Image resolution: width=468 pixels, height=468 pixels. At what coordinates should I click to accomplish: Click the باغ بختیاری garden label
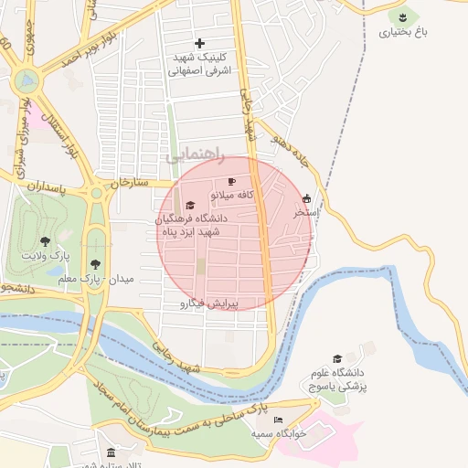pyautogui.click(x=402, y=32)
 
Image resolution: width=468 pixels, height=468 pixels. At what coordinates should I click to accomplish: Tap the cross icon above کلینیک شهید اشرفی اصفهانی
pyautogui.click(x=200, y=43)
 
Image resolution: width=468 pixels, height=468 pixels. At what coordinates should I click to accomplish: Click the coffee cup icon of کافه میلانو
pyautogui.click(x=231, y=182)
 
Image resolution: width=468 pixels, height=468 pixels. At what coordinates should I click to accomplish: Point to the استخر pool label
pyautogui.click(x=305, y=211)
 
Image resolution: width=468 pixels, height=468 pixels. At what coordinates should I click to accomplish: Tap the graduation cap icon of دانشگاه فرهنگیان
pyautogui.click(x=190, y=205)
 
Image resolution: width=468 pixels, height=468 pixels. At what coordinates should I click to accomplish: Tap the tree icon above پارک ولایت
pyautogui.click(x=46, y=242)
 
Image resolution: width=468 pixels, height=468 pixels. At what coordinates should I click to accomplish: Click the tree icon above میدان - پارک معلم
pyautogui.click(x=95, y=263)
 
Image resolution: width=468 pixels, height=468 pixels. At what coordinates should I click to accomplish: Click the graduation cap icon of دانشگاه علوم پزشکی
pyautogui.click(x=337, y=359)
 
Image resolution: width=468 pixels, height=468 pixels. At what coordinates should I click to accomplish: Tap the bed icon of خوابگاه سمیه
pyautogui.click(x=279, y=420)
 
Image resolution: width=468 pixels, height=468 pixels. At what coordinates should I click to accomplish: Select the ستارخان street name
pyautogui.click(x=129, y=183)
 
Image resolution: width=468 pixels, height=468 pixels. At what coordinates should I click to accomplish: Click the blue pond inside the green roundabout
pyautogui.click(x=27, y=80)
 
